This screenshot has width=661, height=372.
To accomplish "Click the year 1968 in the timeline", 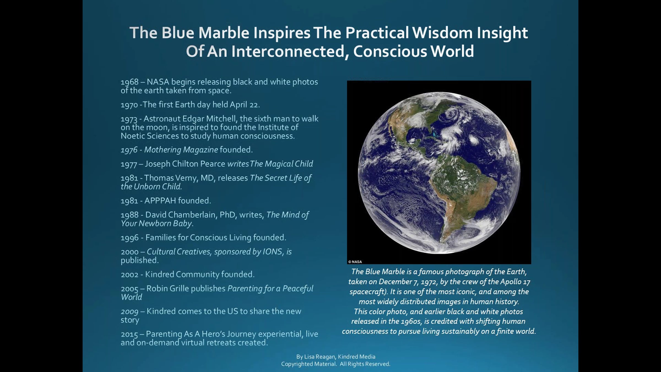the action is tap(129, 82).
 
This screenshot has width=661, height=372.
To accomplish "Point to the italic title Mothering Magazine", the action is tap(181, 150).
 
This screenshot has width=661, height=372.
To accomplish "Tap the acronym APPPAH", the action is tap(160, 201).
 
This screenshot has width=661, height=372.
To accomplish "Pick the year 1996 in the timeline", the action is tap(129, 238).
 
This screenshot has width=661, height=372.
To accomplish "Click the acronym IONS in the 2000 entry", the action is tap(272, 252).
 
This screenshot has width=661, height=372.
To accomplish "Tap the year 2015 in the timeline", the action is tap(129, 334).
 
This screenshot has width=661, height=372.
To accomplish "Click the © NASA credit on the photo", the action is tap(355, 262).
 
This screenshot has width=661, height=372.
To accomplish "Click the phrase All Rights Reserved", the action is tap(365, 364).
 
